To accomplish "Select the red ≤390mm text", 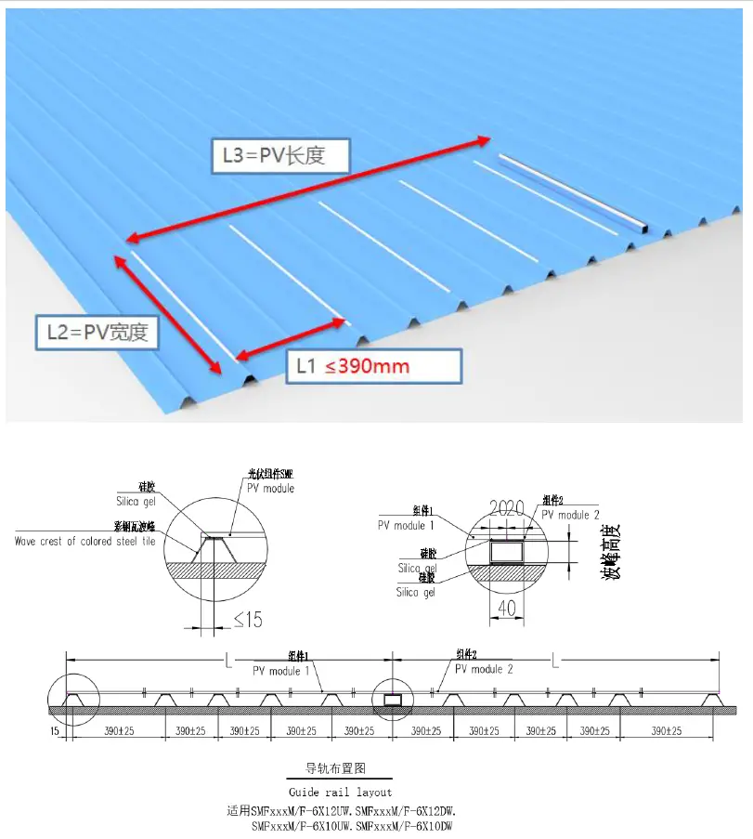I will point(367,366).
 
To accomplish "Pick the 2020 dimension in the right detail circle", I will point(507,508).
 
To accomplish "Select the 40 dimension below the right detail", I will point(506,609).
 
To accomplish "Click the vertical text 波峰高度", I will point(613,554).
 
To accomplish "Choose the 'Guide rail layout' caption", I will point(340,792).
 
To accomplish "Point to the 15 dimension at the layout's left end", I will point(57,731).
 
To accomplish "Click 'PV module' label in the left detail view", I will point(270,488).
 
